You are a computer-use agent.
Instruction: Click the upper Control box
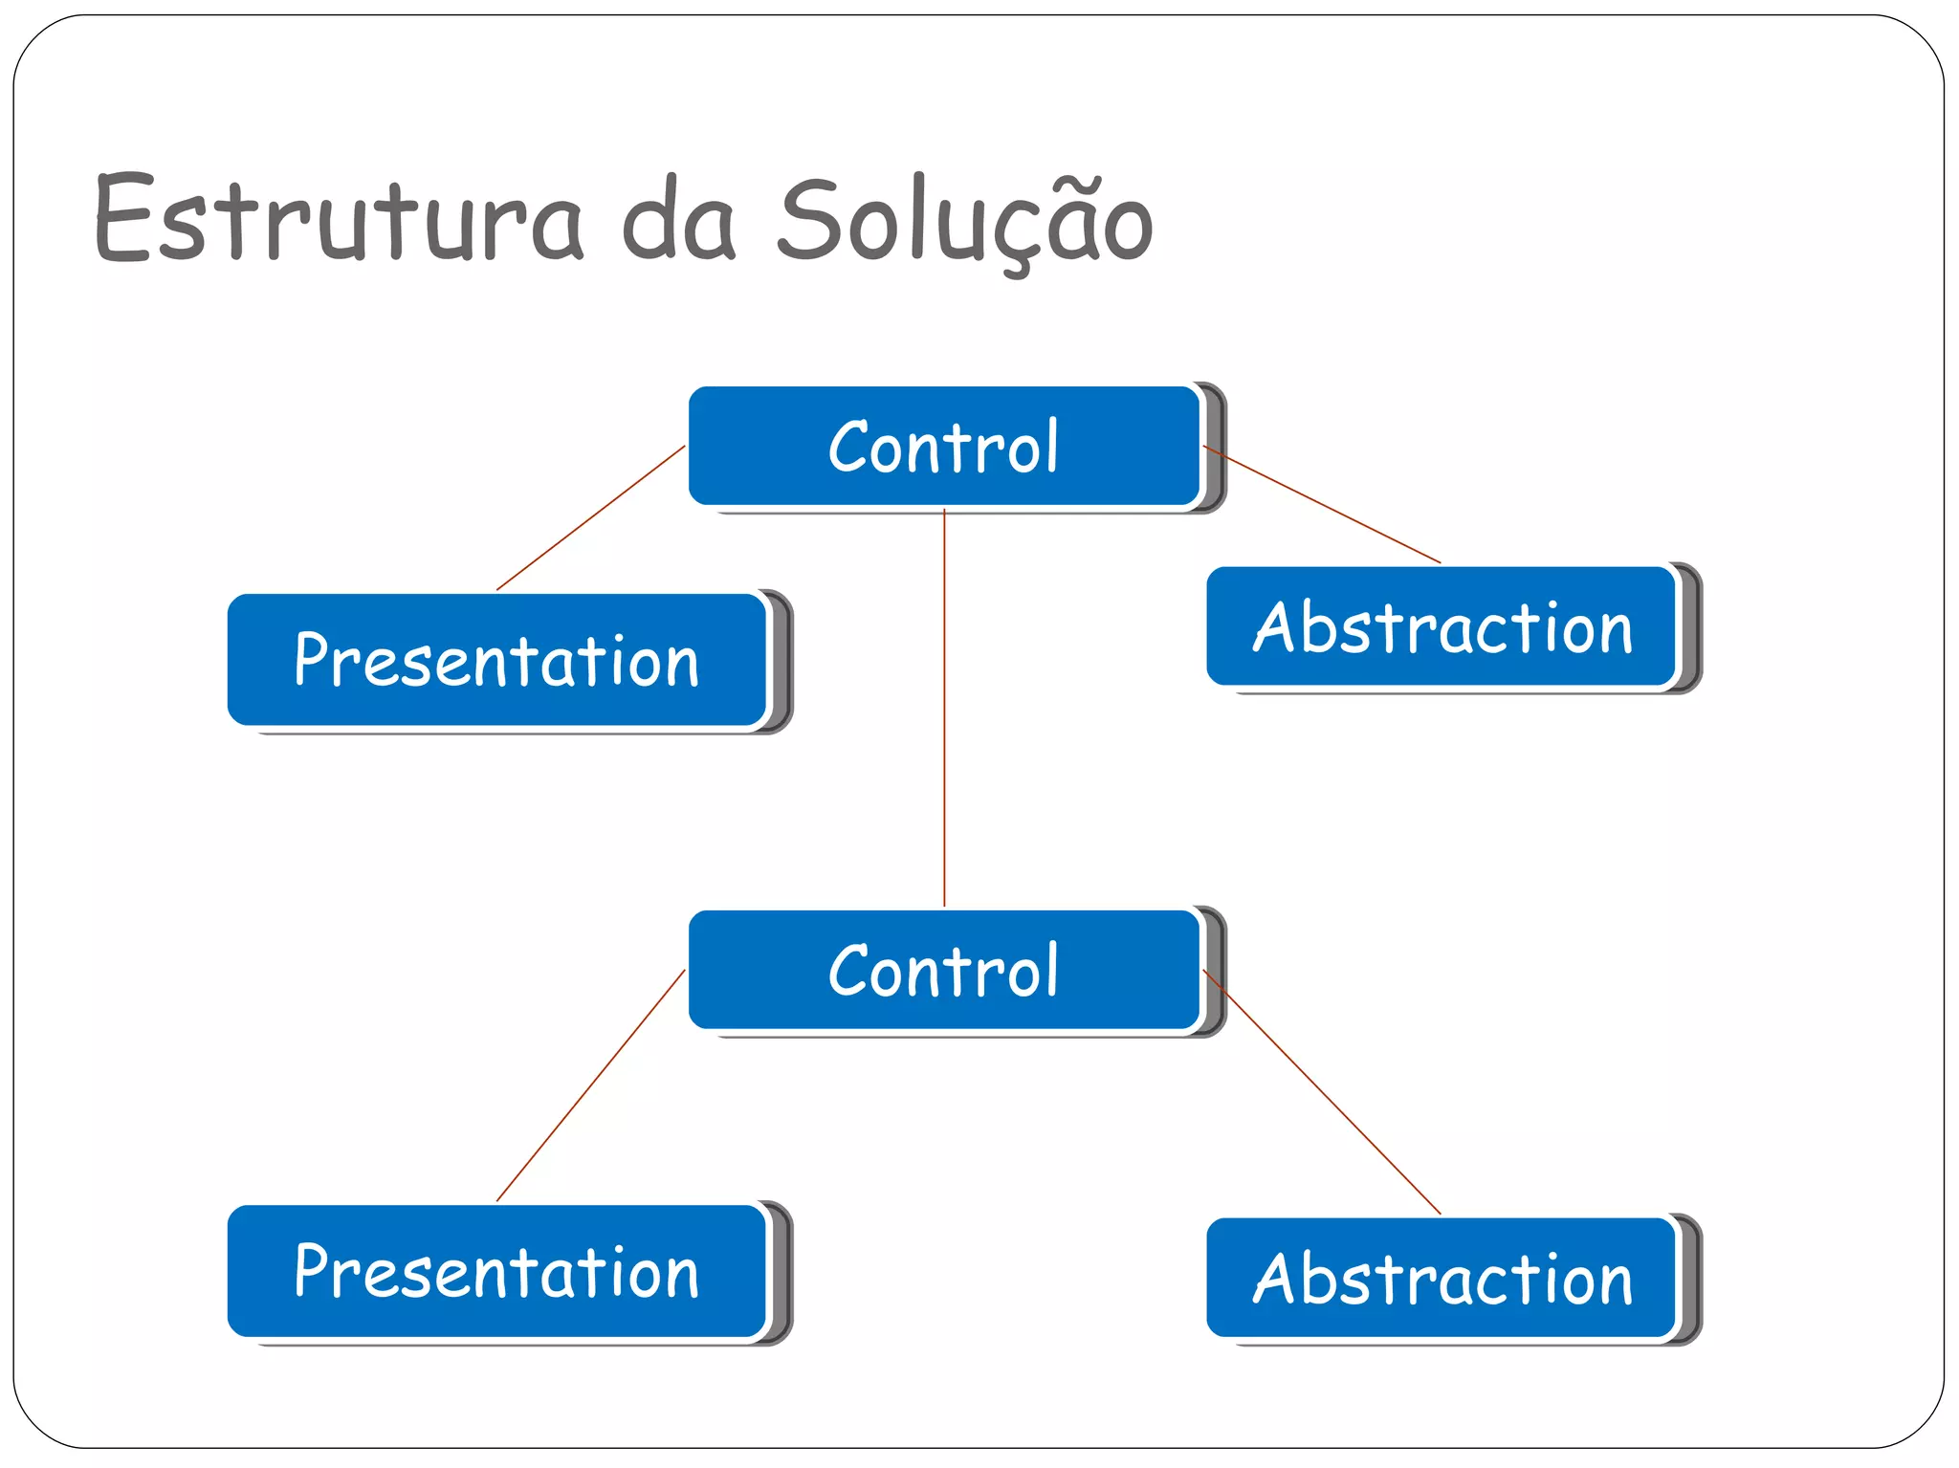[x=943, y=446]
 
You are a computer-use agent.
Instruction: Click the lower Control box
[x=943, y=970]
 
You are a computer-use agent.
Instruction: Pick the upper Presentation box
[x=497, y=660]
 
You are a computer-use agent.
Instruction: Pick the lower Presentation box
[x=497, y=1271]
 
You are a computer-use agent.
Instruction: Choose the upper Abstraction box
[x=1442, y=627]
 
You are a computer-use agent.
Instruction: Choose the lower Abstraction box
[x=1442, y=1278]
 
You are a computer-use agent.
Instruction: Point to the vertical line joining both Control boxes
[x=944, y=708]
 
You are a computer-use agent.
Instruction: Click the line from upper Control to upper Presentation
[x=591, y=517]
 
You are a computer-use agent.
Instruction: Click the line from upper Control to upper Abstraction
[x=1321, y=504]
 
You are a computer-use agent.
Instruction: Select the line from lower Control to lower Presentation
[x=591, y=1085]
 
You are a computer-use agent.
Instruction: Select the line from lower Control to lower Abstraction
[x=1321, y=1091]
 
